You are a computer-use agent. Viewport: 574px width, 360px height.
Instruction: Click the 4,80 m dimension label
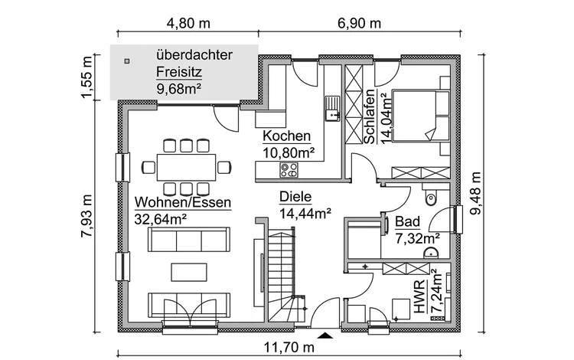[x=188, y=22]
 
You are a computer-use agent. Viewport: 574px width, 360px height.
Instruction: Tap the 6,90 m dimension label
[x=358, y=22]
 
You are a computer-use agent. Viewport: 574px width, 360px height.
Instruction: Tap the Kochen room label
[x=287, y=136]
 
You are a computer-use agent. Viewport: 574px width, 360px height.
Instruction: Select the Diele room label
[x=295, y=196]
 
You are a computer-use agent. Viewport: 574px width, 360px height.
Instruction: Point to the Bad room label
[x=407, y=223]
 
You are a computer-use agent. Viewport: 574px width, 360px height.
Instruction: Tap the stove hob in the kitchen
[x=291, y=170]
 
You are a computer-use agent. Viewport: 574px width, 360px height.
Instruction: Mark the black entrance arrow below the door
[x=327, y=335]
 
